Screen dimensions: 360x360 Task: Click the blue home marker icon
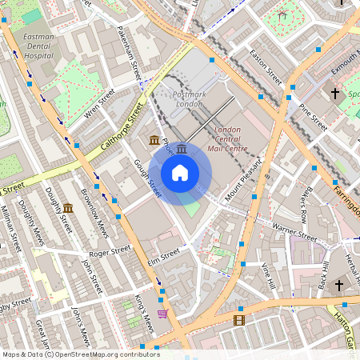[180, 173]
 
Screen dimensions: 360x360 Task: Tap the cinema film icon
[239, 321]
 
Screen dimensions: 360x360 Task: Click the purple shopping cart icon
[162, 314]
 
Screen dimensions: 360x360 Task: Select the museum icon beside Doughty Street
[69, 209]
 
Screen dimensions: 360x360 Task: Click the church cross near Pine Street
[335, 94]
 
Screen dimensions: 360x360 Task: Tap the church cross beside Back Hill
[338, 285]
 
